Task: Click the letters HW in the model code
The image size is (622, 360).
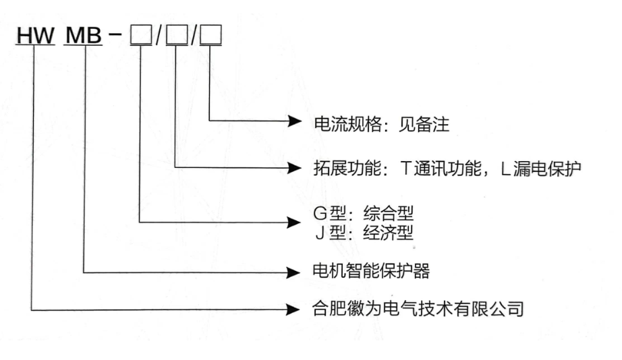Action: tap(35, 35)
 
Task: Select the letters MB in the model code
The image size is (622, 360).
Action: tap(83, 35)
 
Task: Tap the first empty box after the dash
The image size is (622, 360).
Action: tap(141, 35)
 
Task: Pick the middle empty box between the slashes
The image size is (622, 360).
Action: tap(177, 35)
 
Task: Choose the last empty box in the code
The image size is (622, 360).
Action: tap(210, 35)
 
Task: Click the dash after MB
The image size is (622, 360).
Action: tap(115, 34)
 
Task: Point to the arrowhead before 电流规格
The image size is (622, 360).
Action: tap(294, 121)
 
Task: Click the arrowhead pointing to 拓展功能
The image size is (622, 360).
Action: tap(294, 168)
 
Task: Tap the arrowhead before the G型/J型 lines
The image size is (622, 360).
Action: tap(293, 222)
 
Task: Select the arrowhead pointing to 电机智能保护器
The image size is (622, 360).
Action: tap(293, 272)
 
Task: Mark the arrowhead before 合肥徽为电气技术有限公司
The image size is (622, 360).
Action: tap(293, 309)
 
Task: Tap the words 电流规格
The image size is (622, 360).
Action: tap(348, 124)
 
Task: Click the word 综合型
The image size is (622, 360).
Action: tap(389, 213)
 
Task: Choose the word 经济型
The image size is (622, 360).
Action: tap(389, 233)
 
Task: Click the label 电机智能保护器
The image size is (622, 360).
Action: tap(371, 271)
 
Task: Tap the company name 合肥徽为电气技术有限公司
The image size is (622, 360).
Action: tap(418, 309)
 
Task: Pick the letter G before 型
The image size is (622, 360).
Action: tap(320, 214)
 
